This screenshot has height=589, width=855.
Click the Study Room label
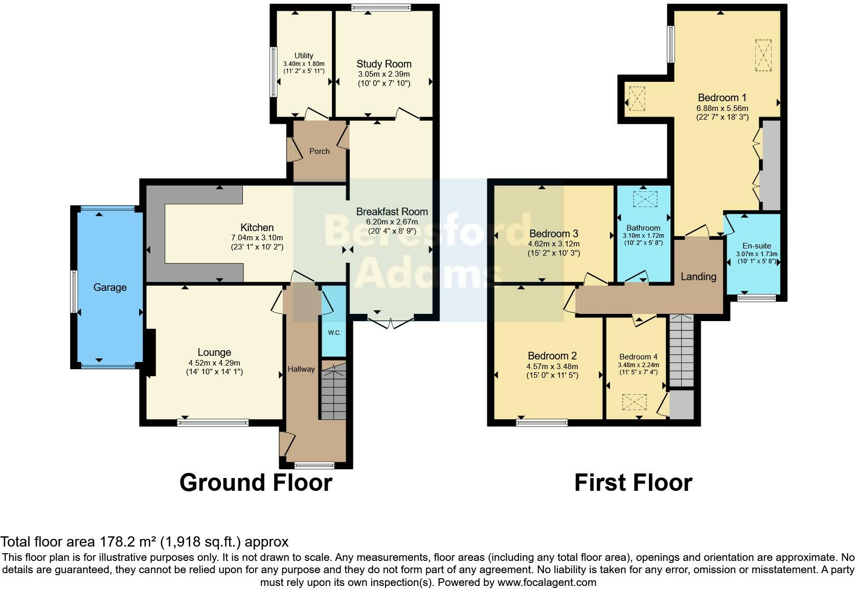384,64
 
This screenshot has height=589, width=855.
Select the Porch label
320,151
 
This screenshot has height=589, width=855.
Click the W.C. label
334,333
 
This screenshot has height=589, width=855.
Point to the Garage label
109,287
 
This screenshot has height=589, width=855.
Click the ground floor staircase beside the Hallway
333,391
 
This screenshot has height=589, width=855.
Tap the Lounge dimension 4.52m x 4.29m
214,363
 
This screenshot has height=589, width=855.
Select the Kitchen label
257,228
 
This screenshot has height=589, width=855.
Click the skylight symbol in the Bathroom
643,199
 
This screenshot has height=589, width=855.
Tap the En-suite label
756,246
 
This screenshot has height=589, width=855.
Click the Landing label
698,277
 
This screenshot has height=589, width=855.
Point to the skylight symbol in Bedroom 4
634,402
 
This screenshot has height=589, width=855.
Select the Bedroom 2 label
552,356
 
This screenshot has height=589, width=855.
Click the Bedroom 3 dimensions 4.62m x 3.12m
554,244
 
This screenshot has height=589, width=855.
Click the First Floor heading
633,483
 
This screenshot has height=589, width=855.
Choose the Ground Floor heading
256,483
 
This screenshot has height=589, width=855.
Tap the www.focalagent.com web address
546,582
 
